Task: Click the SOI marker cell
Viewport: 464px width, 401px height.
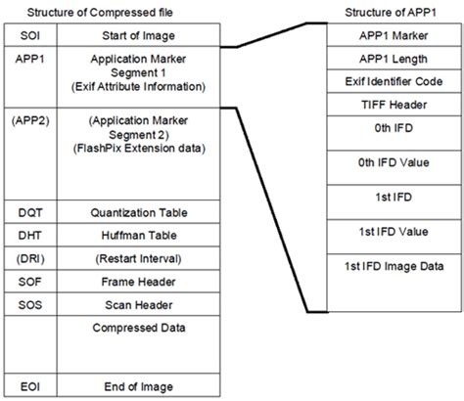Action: (27, 37)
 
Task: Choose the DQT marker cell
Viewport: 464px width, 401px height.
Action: (29, 210)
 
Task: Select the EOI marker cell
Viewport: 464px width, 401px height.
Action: (27, 384)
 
